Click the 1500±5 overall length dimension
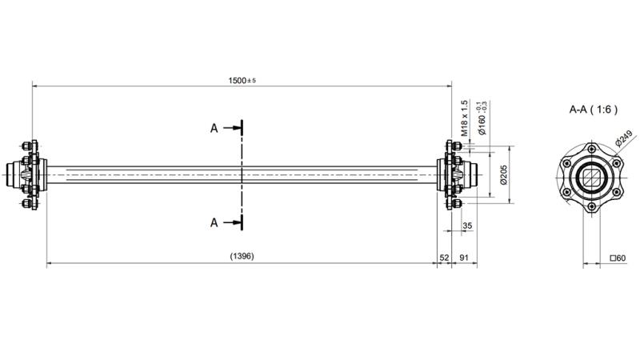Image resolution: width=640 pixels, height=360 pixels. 242,81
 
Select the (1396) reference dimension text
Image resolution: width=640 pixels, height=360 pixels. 242,256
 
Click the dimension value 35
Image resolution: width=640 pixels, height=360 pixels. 467,226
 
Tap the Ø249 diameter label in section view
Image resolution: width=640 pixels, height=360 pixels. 624,138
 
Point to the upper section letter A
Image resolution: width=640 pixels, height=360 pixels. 214,128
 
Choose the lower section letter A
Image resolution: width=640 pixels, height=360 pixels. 214,222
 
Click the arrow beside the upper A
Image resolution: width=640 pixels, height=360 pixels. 232,128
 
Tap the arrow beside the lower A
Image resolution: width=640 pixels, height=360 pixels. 232,222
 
